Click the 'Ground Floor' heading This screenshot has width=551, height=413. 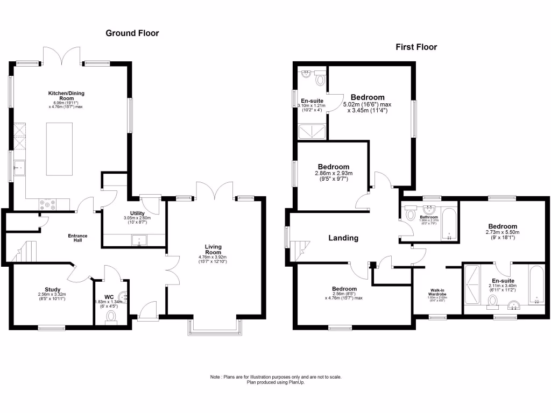tap(132, 33)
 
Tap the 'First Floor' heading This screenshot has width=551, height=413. tap(416, 47)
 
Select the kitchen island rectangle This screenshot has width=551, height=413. tap(58, 148)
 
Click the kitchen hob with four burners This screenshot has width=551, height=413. tap(47, 204)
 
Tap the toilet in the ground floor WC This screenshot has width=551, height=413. tap(112, 317)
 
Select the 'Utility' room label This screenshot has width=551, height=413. tap(137, 213)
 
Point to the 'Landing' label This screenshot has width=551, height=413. tap(343, 238)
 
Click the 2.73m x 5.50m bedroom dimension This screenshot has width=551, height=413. tap(502, 235)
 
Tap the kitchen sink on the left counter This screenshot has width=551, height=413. tap(19, 168)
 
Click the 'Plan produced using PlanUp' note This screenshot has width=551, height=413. tap(275, 382)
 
